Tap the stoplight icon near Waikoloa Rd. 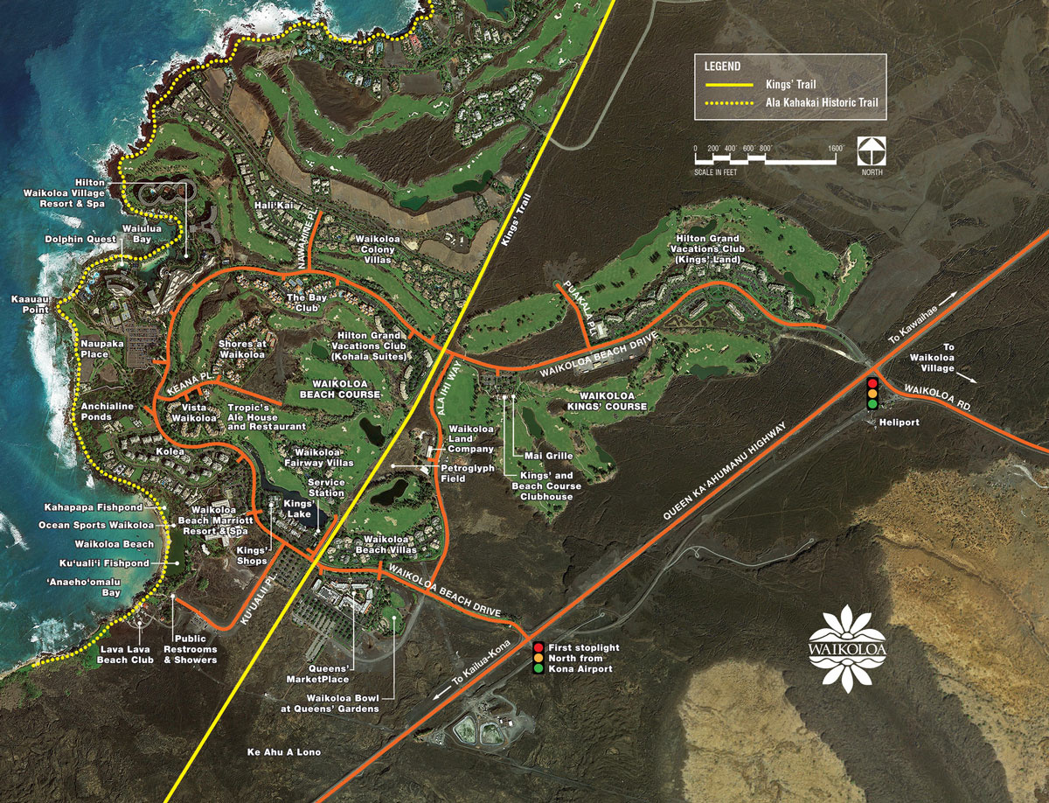[872, 395]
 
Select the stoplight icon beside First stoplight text [538, 658]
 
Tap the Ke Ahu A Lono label [284, 752]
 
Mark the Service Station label [326, 488]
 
